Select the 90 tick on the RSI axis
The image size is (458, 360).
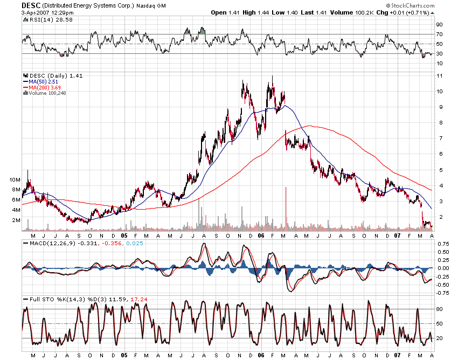point(440,24)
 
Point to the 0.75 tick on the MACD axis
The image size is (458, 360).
point(442,244)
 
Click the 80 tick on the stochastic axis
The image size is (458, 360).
point(440,309)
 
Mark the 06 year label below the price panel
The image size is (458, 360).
point(261,235)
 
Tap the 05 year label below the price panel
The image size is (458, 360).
point(124,235)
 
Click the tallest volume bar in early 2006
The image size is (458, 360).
point(285,207)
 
